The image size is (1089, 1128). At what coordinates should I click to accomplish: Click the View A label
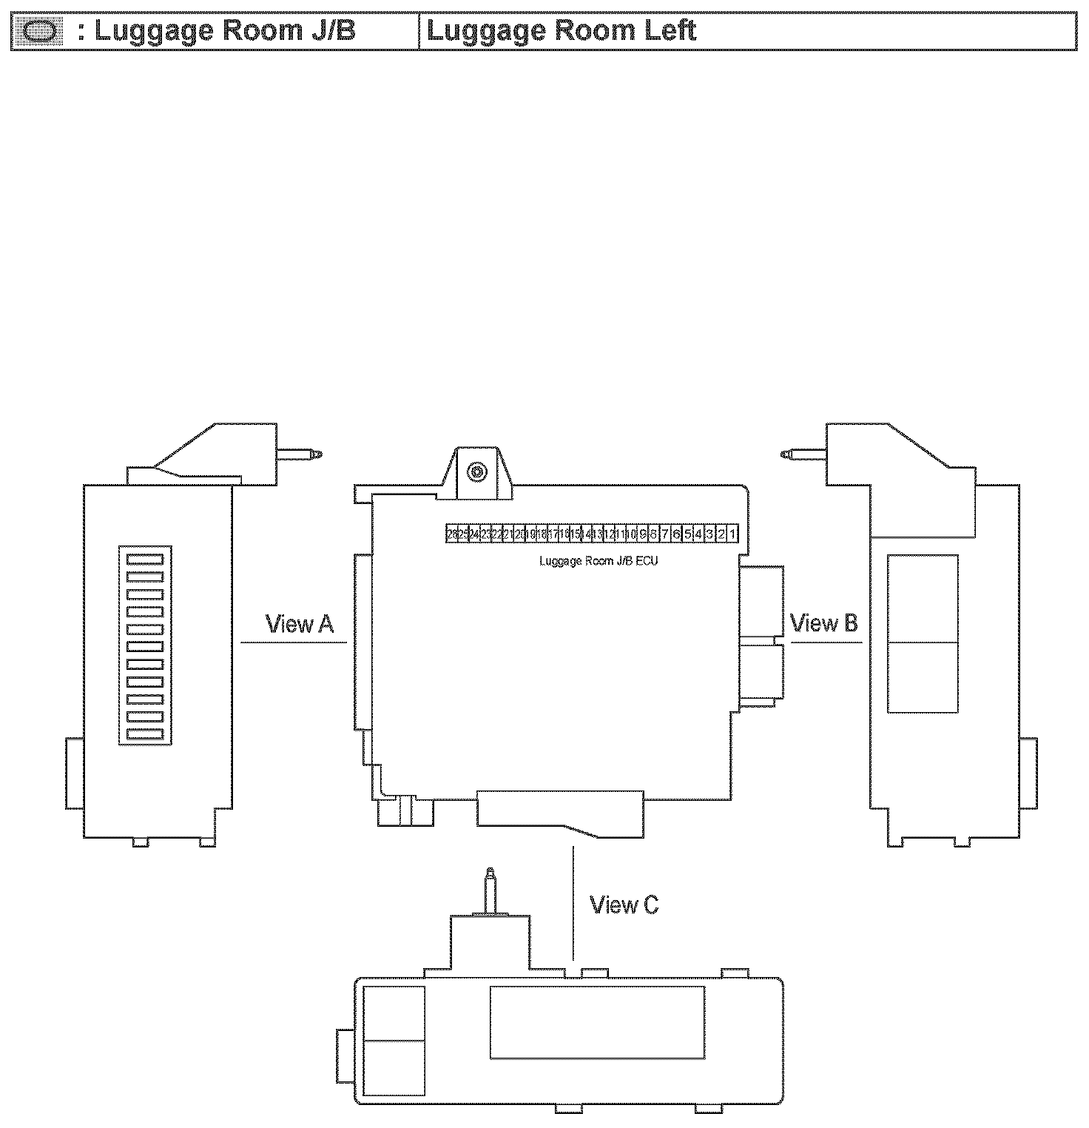pyautogui.click(x=300, y=625)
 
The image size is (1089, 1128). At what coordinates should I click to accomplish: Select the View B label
pyautogui.click(x=824, y=623)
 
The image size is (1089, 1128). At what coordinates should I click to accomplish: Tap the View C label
pyautogui.click(x=624, y=904)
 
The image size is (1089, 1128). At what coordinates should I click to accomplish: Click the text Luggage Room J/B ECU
pyautogui.click(x=599, y=561)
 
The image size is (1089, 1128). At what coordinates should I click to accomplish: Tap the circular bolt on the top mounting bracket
pyautogui.click(x=476, y=471)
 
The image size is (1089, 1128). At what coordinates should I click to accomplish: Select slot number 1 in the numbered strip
pyautogui.click(x=732, y=534)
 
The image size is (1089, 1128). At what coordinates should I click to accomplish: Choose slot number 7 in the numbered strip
pyautogui.click(x=665, y=534)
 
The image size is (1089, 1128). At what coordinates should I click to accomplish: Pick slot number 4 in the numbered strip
pyautogui.click(x=698, y=534)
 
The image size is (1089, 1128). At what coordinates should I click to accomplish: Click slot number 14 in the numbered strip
pyautogui.click(x=587, y=534)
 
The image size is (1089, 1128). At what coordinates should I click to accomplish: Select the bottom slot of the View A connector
pyautogui.click(x=145, y=733)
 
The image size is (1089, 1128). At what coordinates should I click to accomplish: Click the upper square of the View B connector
pyautogui.click(x=922, y=600)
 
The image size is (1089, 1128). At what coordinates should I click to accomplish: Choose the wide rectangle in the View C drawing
pyautogui.click(x=597, y=1022)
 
